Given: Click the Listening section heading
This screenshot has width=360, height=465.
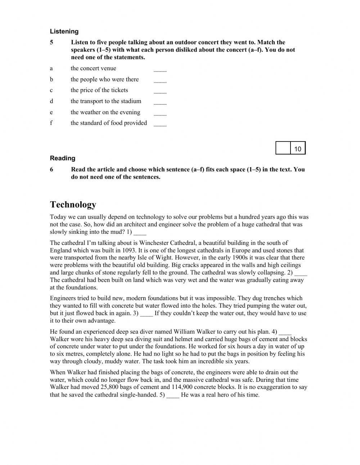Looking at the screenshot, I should (x=64, y=31).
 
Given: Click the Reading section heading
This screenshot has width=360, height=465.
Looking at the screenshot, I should (x=63, y=158).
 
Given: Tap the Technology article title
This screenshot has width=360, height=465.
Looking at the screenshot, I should (x=73, y=205).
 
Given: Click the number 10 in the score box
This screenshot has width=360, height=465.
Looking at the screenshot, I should (x=298, y=148).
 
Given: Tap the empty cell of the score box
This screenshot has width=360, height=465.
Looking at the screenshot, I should (x=283, y=148).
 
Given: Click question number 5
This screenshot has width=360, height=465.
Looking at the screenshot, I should (x=52, y=43).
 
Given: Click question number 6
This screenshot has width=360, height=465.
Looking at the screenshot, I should (x=52, y=169).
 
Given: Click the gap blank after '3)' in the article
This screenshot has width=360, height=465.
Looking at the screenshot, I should (x=147, y=314).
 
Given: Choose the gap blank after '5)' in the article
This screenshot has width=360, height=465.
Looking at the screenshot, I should (x=173, y=395).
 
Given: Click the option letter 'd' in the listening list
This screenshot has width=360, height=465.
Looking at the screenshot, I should (x=51, y=101).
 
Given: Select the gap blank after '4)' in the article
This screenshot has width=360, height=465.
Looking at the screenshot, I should (x=285, y=332).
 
